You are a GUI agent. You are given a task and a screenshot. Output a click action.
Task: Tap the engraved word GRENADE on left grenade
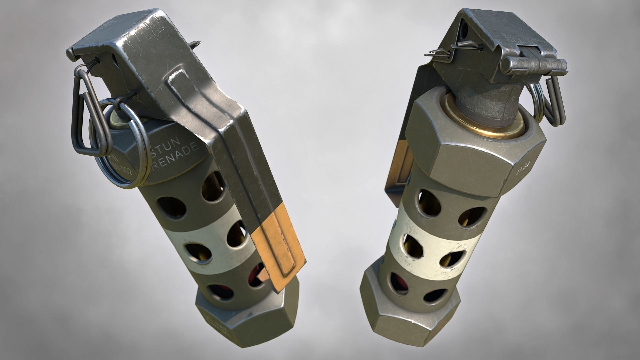(x=177, y=156)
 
